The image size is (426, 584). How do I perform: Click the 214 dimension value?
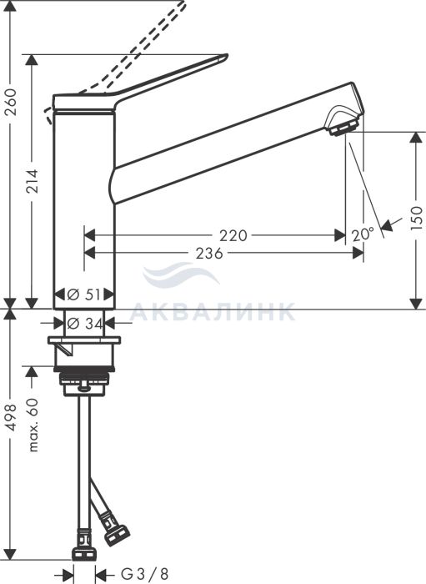(32, 181)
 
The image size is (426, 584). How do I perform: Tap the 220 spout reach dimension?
(233, 235)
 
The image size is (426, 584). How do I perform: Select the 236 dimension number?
(209, 254)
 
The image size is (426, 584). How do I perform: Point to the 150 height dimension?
(417, 218)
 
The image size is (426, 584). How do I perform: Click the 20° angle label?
(363, 234)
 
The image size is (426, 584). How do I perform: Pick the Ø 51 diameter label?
(84, 295)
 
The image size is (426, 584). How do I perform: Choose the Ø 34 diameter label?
(85, 324)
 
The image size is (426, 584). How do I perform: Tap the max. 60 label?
(33, 425)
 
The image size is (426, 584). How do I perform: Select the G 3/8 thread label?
(145, 574)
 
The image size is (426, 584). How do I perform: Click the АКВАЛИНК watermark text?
(213, 312)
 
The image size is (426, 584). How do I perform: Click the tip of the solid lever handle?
(226, 56)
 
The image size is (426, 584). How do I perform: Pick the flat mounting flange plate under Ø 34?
(84, 340)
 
